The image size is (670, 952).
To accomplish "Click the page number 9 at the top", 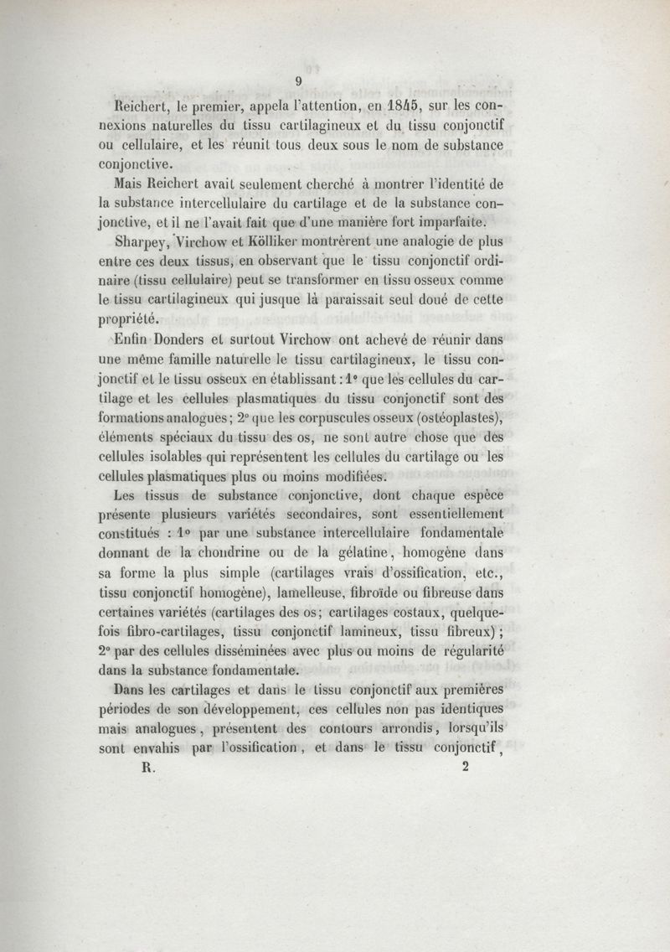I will click(297, 80).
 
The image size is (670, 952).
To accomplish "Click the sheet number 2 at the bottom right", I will click(465, 769).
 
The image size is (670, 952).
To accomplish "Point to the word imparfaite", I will click(450, 223).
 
